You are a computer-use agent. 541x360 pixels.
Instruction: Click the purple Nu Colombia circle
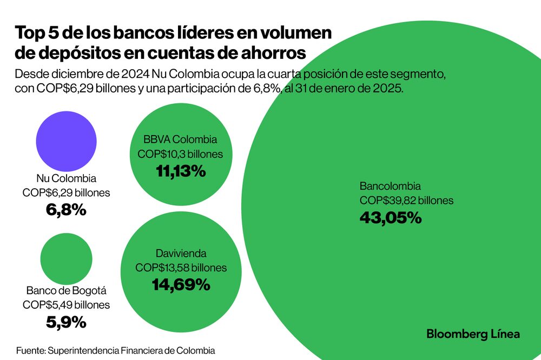pos(66,139)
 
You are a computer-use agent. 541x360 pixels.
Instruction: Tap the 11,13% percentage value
pos(181,172)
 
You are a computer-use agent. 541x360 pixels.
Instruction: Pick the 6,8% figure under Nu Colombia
pos(66,210)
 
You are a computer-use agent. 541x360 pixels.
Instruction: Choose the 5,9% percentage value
pos(66,322)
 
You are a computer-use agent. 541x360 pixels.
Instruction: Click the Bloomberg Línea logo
pos(473,334)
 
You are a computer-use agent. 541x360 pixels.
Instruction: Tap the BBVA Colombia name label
pos(181,139)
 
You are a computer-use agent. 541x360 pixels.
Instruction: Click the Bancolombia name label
pos(390,186)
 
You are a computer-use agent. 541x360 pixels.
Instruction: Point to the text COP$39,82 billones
pos(406,201)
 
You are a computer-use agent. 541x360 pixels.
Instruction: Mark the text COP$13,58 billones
pos(181,268)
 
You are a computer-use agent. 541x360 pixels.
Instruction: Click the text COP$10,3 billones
pos(181,154)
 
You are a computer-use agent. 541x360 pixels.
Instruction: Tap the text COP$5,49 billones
pos(66,305)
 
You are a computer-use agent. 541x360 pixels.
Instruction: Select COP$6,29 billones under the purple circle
pos(66,192)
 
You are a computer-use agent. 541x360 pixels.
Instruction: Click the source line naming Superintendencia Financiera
pos(115,350)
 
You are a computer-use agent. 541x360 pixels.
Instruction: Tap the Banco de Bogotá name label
pos(66,290)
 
